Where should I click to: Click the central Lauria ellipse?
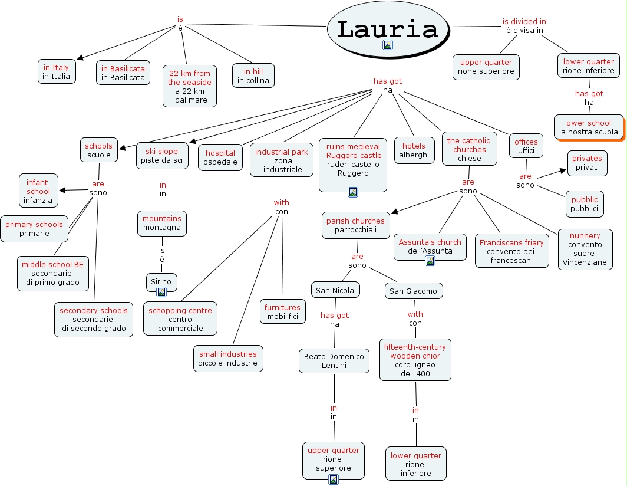click(x=388, y=29)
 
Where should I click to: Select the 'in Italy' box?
click(x=57, y=71)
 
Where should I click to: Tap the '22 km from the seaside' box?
click(x=190, y=86)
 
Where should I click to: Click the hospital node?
click(x=220, y=157)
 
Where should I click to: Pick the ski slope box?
click(x=162, y=156)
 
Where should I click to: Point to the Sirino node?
click(x=161, y=283)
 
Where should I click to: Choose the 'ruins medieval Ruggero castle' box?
click(x=352, y=165)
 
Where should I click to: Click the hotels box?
click(x=414, y=150)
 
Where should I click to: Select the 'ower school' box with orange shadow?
click(x=589, y=127)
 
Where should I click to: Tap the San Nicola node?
click(x=335, y=290)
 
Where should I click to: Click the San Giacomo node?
click(x=414, y=291)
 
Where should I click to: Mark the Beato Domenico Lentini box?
click(x=334, y=361)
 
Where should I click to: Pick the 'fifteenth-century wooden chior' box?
click(x=415, y=360)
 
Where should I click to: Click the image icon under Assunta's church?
click(x=430, y=261)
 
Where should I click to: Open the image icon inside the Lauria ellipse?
click(x=388, y=45)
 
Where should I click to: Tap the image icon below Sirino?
click(x=161, y=292)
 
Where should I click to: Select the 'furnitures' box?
click(x=282, y=312)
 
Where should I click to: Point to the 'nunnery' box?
click(x=585, y=249)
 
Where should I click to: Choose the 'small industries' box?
click(x=228, y=359)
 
